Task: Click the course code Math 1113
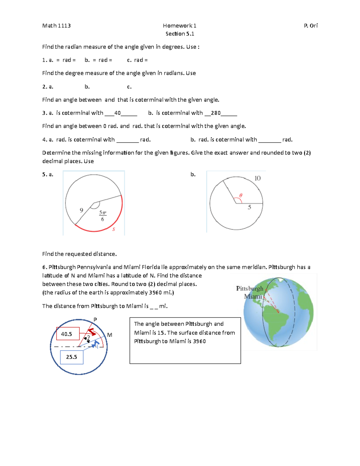click(x=56, y=26)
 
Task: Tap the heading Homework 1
click(x=179, y=26)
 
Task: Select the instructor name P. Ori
click(x=310, y=26)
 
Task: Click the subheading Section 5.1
click(x=180, y=34)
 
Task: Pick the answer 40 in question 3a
click(x=118, y=113)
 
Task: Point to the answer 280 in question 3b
click(x=216, y=113)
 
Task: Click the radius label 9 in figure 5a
click(x=81, y=210)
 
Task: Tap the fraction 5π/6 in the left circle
click(x=103, y=216)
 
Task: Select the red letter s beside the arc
click(x=114, y=229)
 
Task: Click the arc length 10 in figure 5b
click(x=257, y=178)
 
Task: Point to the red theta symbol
click(x=241, y=196)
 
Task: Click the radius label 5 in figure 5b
click(x=249, y=207)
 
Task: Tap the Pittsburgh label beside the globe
click(x=249, y=289)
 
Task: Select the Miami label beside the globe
click(x=253, y=296)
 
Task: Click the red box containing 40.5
click(x=68, y=334)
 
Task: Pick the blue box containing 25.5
click(x=72, y=357)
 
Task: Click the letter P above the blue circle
click(x=95, y=320)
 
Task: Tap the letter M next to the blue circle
click(x=109, y=335)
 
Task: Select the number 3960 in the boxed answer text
click(x=199, y=341)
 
